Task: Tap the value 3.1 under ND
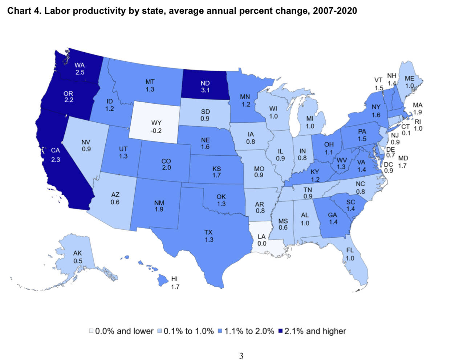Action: [205, 90]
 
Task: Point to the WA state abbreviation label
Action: [80, 65]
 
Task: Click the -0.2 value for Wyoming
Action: [156, 131]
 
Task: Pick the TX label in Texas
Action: [208, 232]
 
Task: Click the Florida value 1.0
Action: [350, 258]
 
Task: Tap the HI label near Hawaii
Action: [175, 279]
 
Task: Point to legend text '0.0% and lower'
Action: [124, 331]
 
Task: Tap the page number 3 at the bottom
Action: [241, 356]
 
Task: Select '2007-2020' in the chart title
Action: [335, 11]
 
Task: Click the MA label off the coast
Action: [418, 105]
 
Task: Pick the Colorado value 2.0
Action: [166, 168]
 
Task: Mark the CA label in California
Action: [55, 150]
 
